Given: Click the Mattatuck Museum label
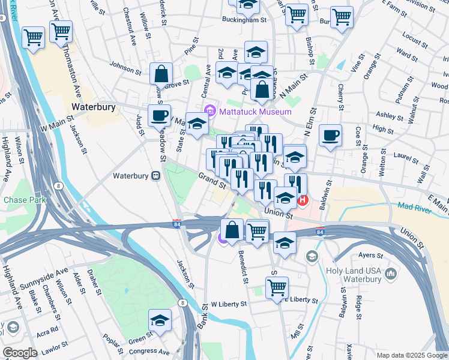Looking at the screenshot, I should coord(255,112).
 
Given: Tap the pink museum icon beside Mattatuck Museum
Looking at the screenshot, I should coord(210,111).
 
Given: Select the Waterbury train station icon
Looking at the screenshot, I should coord(155,176).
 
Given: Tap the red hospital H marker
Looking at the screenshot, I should coord(303,200).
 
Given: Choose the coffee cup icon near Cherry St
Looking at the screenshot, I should coord(330,136).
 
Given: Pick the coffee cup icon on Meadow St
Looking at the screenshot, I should coord(159,115).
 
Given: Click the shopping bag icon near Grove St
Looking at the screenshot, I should coord(161,74).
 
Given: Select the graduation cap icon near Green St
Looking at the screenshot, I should coord(160,320).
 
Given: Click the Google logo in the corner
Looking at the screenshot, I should coord(20,353).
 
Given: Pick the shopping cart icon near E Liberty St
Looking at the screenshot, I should coord(276,287).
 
